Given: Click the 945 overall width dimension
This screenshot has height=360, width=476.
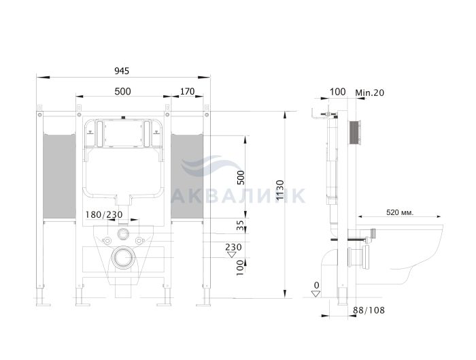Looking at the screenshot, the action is click(122, 71).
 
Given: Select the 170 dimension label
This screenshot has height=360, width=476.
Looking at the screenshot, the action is click(187, 91).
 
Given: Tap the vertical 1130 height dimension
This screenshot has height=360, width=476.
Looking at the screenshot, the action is click(280, 190).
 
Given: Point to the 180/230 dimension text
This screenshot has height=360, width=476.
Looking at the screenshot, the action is click(104, 214).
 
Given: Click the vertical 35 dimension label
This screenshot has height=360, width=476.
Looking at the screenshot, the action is click(240, 225).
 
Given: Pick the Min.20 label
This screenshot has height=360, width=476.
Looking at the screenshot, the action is click(370, 93).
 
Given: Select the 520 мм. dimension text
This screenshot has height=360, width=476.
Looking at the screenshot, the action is click(400, 212).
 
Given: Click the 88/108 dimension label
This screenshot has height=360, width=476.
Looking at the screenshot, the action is click(369, 310).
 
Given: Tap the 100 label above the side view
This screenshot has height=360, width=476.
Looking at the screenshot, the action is click(337, 91).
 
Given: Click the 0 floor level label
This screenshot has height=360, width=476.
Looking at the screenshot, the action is click(317, 285).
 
